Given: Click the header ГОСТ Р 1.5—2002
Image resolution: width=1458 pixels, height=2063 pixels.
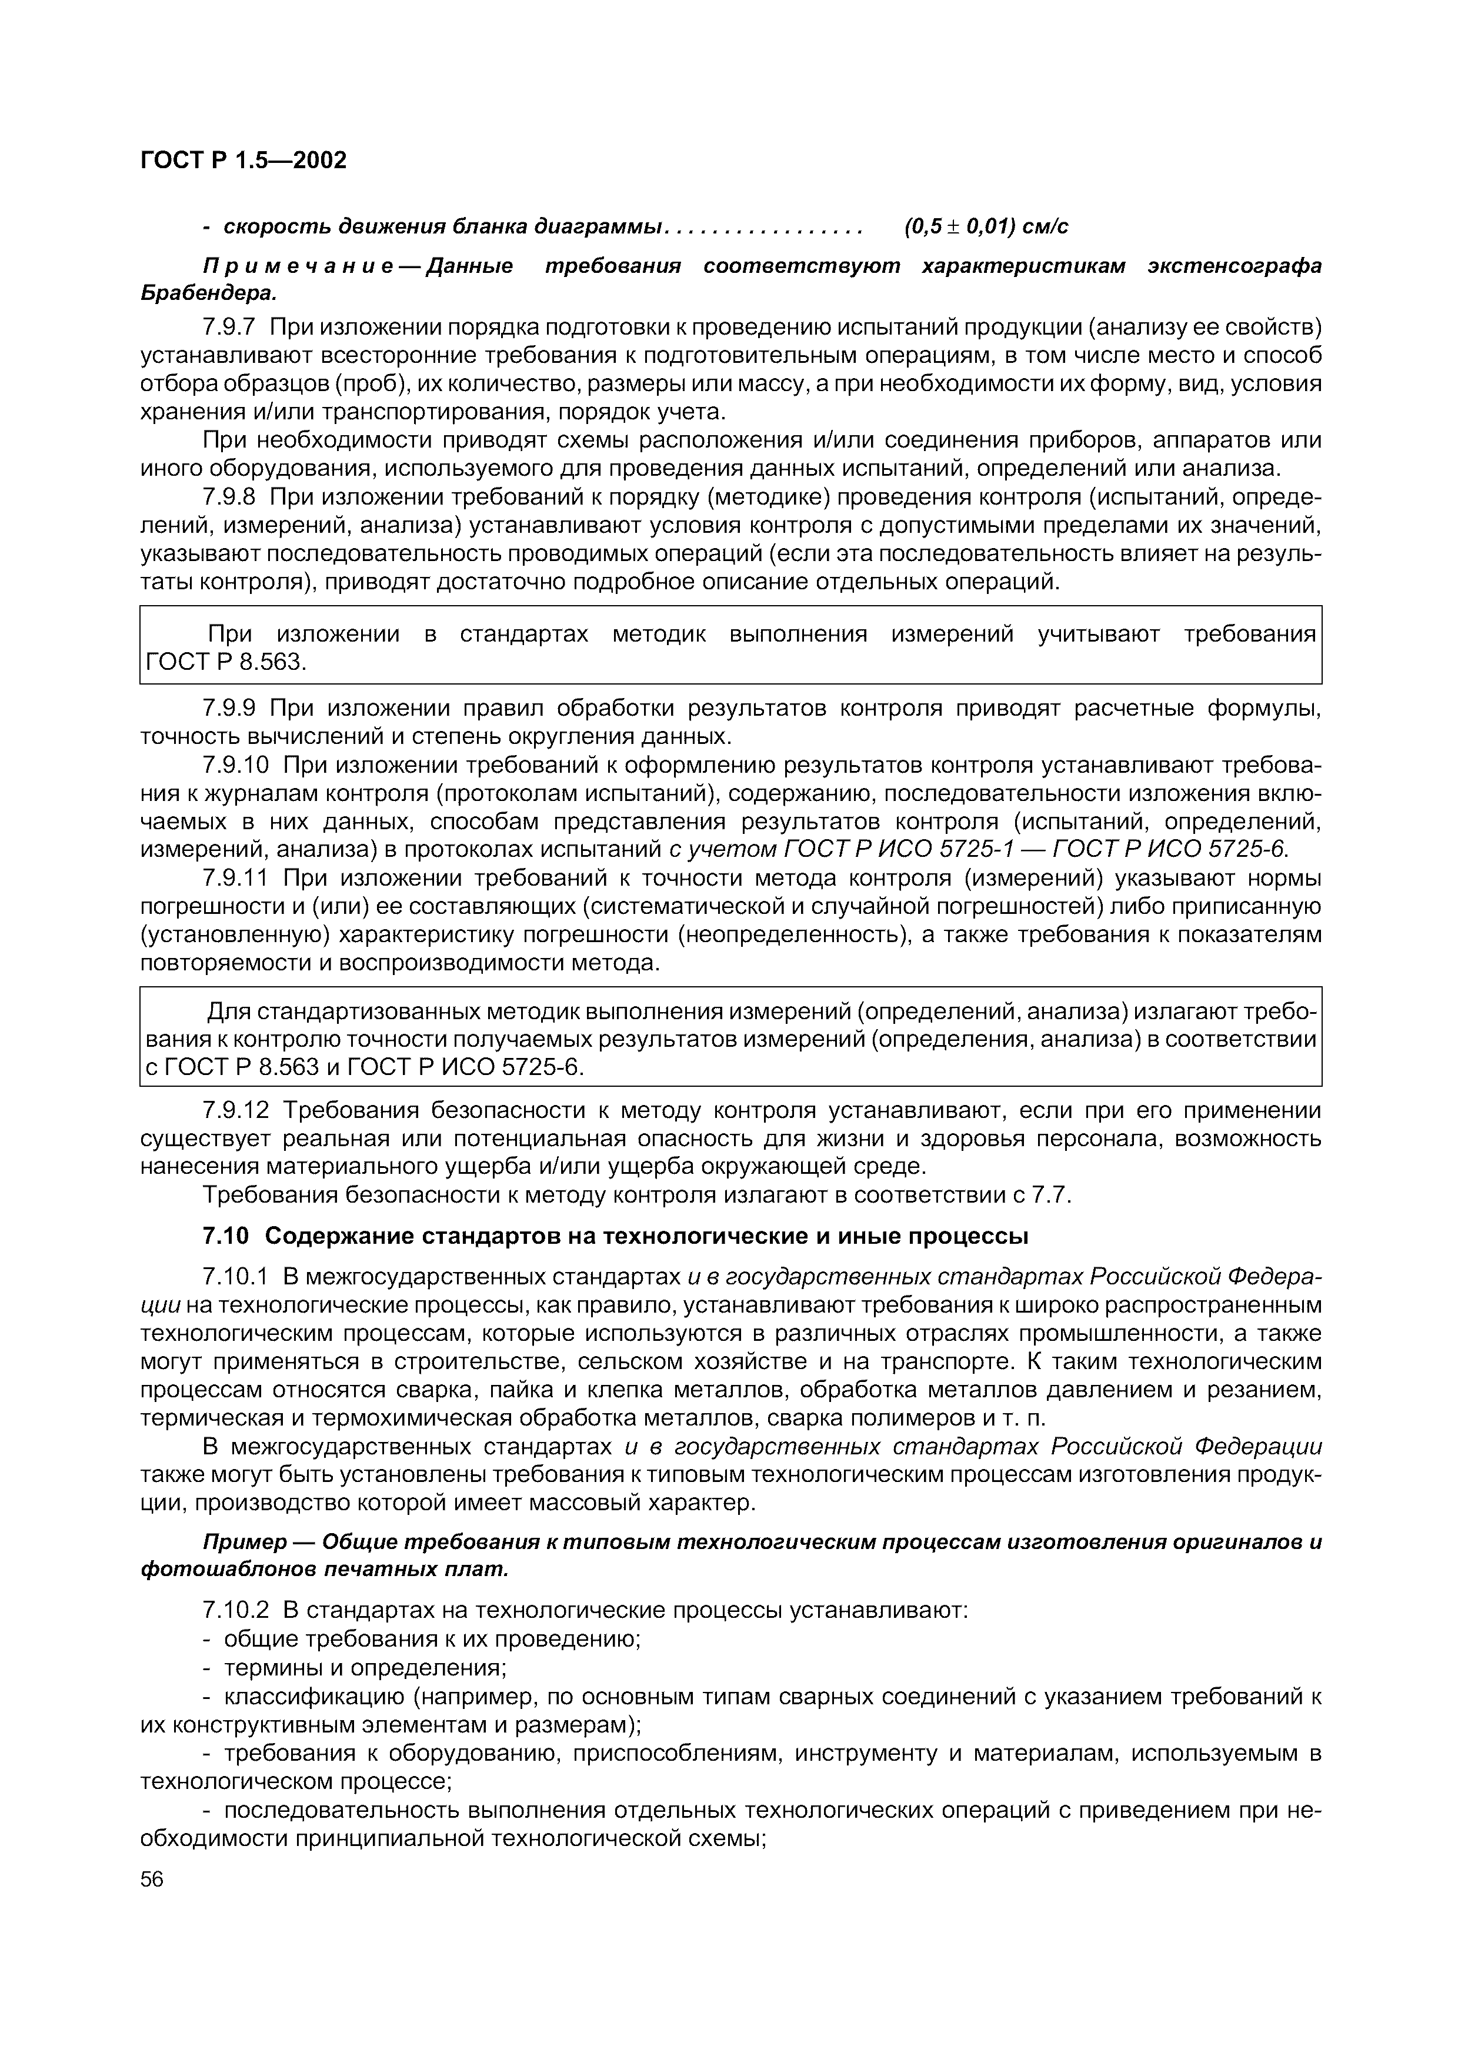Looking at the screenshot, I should click(242, 161).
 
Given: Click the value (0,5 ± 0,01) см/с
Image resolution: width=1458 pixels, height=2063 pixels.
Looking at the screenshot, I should click(986, 226).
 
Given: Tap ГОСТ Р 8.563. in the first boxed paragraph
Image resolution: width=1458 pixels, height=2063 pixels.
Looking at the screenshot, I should click(227, 662).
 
